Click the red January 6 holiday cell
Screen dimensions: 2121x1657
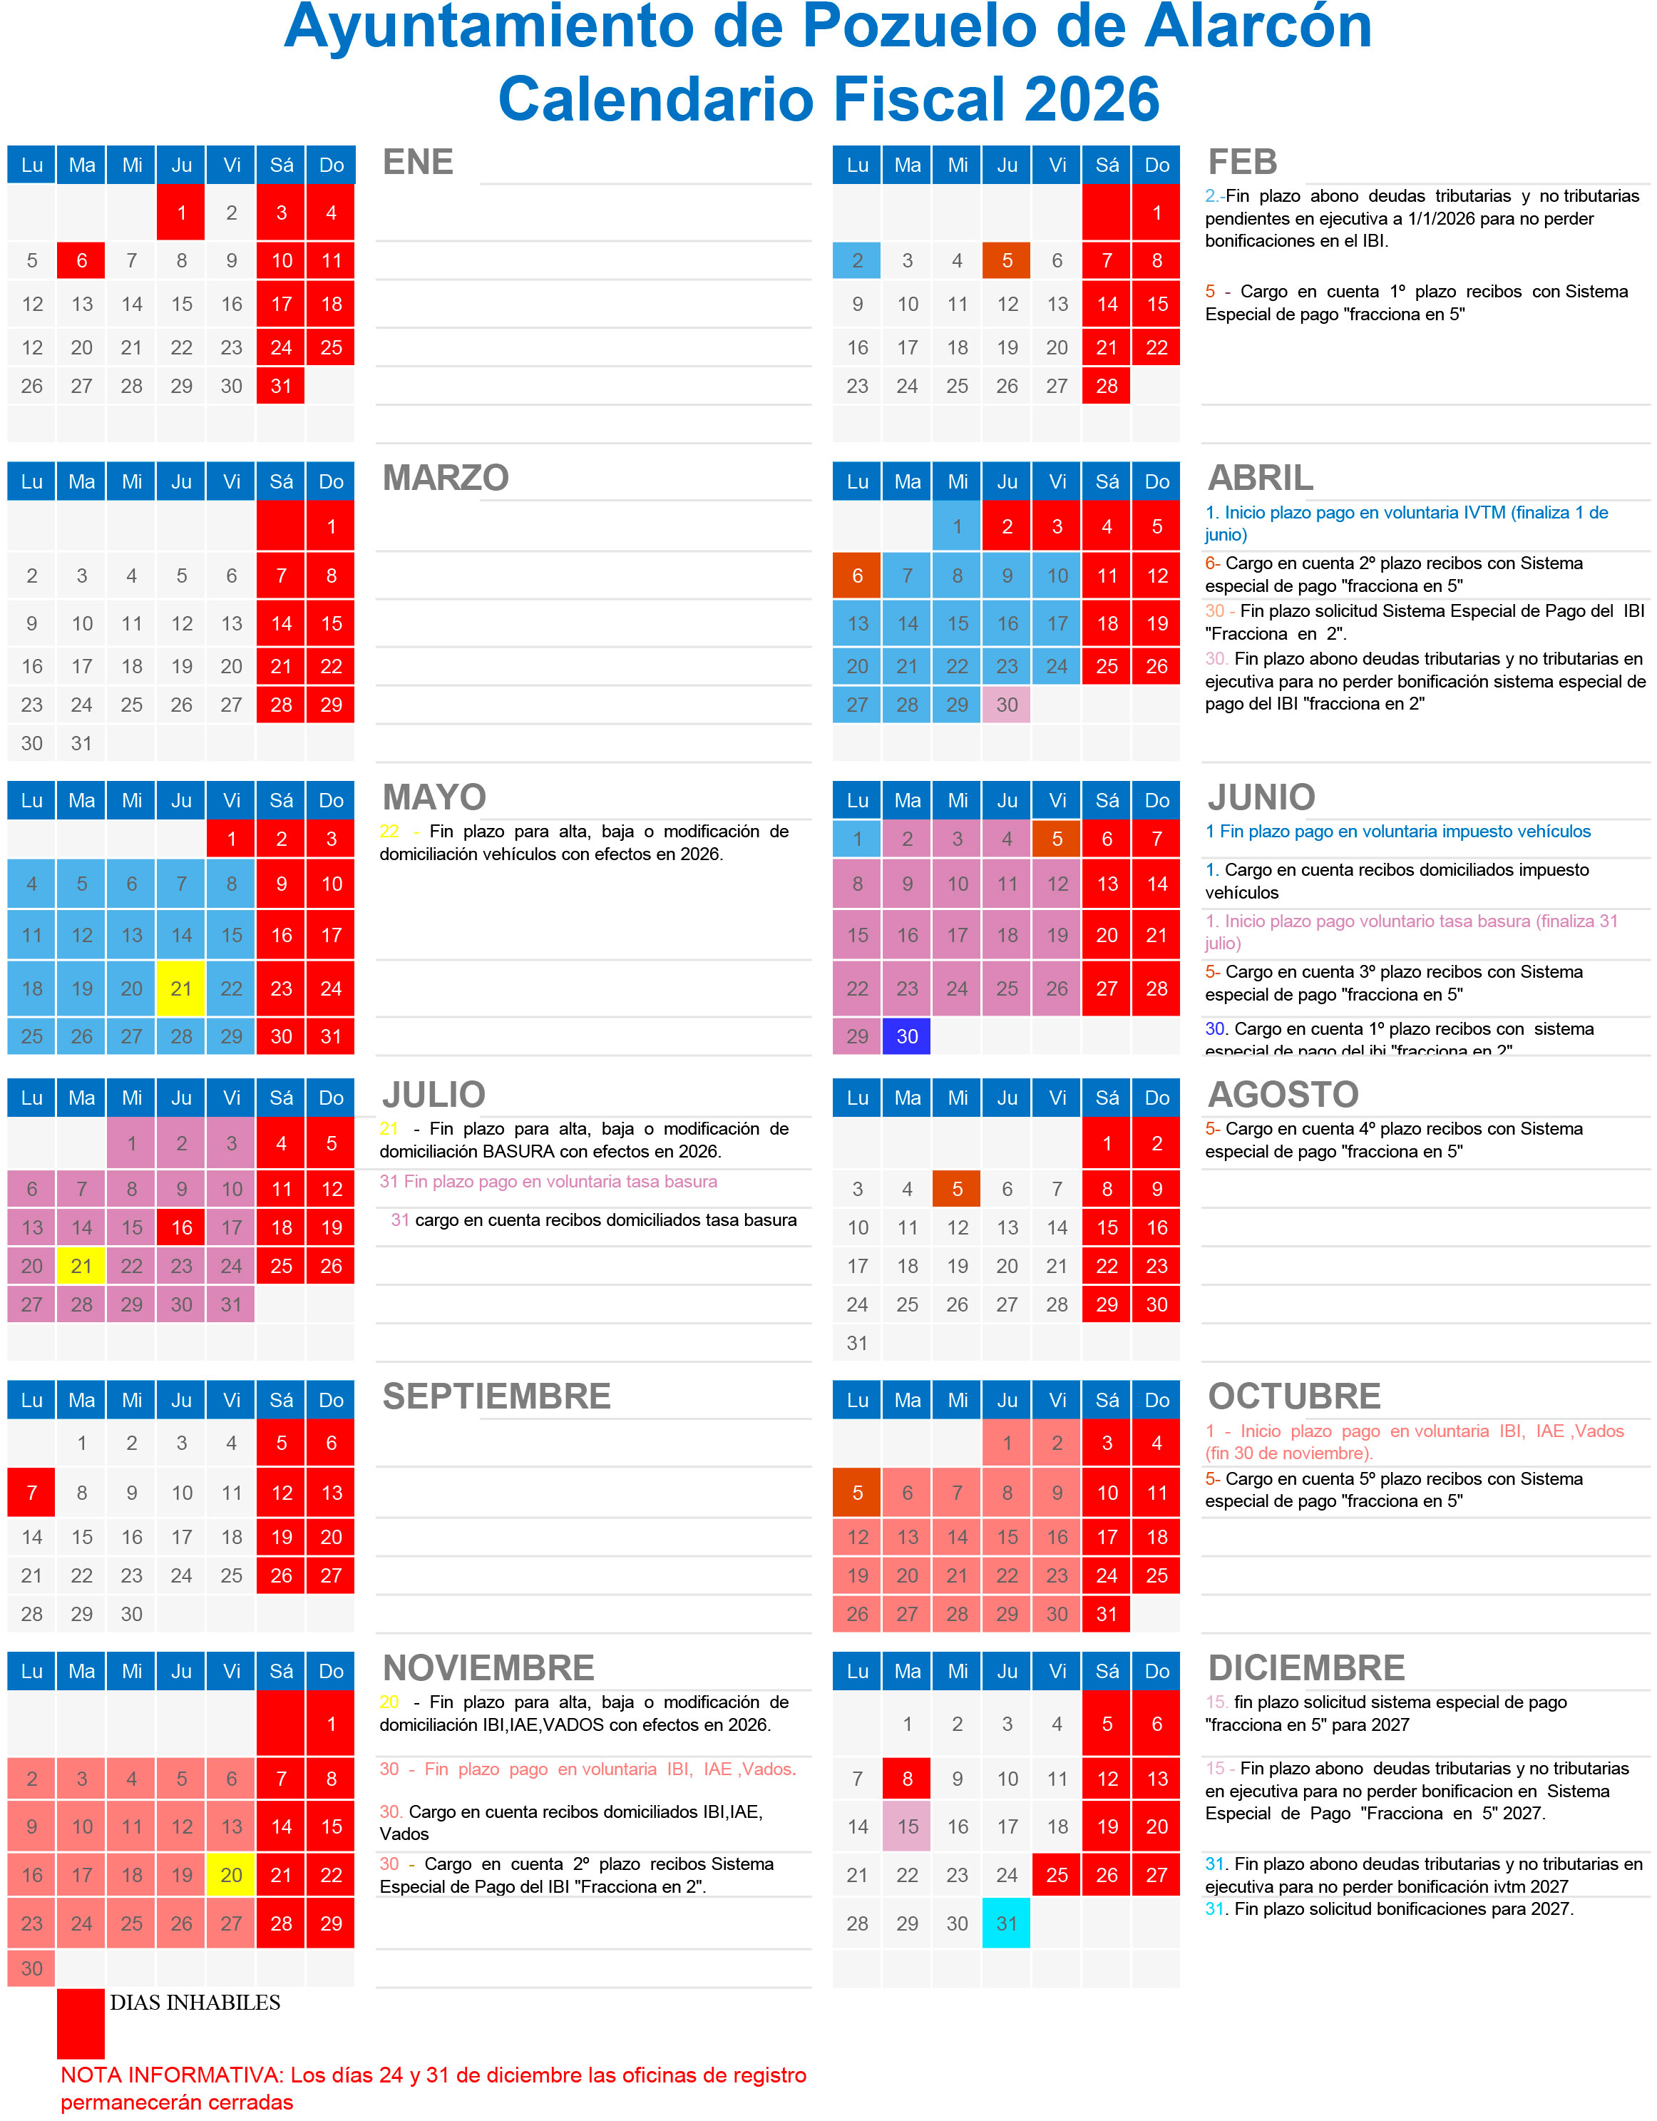pos(81,260)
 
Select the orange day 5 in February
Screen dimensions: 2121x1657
pos(1007,260)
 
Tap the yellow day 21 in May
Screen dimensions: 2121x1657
pos(182,988)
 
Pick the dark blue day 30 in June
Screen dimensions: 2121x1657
pos(907,1036)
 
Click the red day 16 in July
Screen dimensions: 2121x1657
pos(182,1227)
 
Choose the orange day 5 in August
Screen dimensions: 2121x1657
pos(956,1189)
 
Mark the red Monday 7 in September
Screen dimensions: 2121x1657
pos(32,1493)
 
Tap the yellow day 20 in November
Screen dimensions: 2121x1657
pos(231,1874)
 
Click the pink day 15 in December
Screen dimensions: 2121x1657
pos(907,1826)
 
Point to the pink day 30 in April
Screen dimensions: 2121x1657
pos(1007,705)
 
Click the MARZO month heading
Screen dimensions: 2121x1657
pos(446,478)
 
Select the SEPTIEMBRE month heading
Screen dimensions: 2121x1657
pos(496,1396)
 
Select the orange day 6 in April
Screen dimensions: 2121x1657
pos(857,576)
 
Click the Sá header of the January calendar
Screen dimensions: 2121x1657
pos(282,165)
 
